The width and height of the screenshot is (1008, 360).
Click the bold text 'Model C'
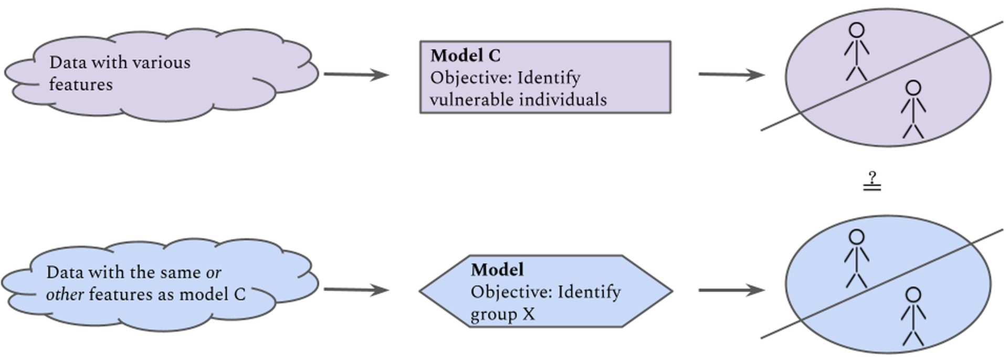(465, 56)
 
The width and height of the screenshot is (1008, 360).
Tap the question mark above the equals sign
(872, 177)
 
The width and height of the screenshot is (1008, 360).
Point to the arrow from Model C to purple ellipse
(731, 75)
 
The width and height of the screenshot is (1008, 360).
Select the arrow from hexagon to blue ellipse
(731, 290)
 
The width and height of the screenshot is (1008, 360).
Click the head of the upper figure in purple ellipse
(856, 30)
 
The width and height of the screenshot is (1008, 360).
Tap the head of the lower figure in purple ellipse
(913, 88)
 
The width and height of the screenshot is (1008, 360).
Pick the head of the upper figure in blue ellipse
(856, 237)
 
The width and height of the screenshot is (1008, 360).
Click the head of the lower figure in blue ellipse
(913, 294)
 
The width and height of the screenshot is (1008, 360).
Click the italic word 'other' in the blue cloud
(65, 294)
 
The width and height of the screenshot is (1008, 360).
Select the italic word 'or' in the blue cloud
(213, 273)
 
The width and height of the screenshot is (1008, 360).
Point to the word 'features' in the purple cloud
(81, 84)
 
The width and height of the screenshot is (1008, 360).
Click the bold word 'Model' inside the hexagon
(497, 270)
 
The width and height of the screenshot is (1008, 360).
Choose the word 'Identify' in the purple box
(549, 78)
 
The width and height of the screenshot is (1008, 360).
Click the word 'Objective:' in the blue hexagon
(511, 292)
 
